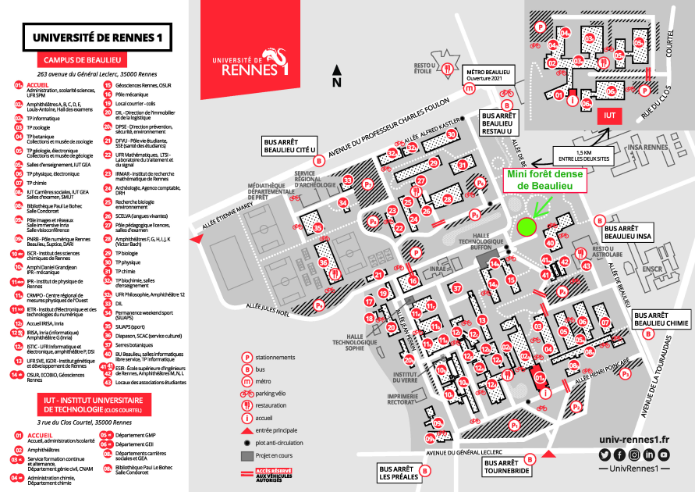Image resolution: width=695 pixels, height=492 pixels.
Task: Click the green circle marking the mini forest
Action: pos(527,226)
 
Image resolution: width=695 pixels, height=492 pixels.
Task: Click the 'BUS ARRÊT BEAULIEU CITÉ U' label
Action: pos(289,145)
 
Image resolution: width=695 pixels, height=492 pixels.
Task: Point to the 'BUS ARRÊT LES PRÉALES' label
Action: pos(397,473)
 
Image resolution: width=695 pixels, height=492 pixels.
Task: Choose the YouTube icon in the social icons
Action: pos(663,455)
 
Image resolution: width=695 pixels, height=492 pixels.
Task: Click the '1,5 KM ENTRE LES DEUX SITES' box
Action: pos(578,154)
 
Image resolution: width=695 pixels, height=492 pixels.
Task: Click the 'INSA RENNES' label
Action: pos(626,147)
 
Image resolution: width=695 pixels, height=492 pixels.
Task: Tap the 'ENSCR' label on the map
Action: pos(652,269)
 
